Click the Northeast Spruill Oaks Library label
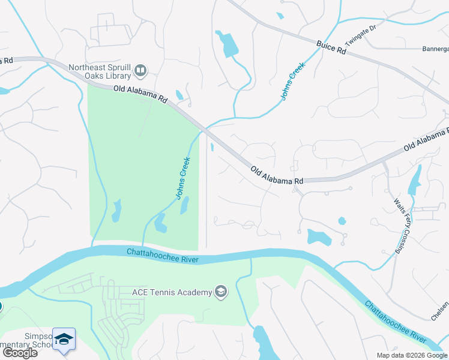[x=100, y=71]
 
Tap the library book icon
[x=140, y=71]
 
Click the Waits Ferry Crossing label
[x=402, y=224]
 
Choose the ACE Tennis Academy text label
[x=172, y=292]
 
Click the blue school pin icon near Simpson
[x=63, y=339]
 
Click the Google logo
[x=20, y=353]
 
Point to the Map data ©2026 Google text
[x=411, y=355]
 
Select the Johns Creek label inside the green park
[x=183, y=178]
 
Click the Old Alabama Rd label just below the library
[x=140, y=93]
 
